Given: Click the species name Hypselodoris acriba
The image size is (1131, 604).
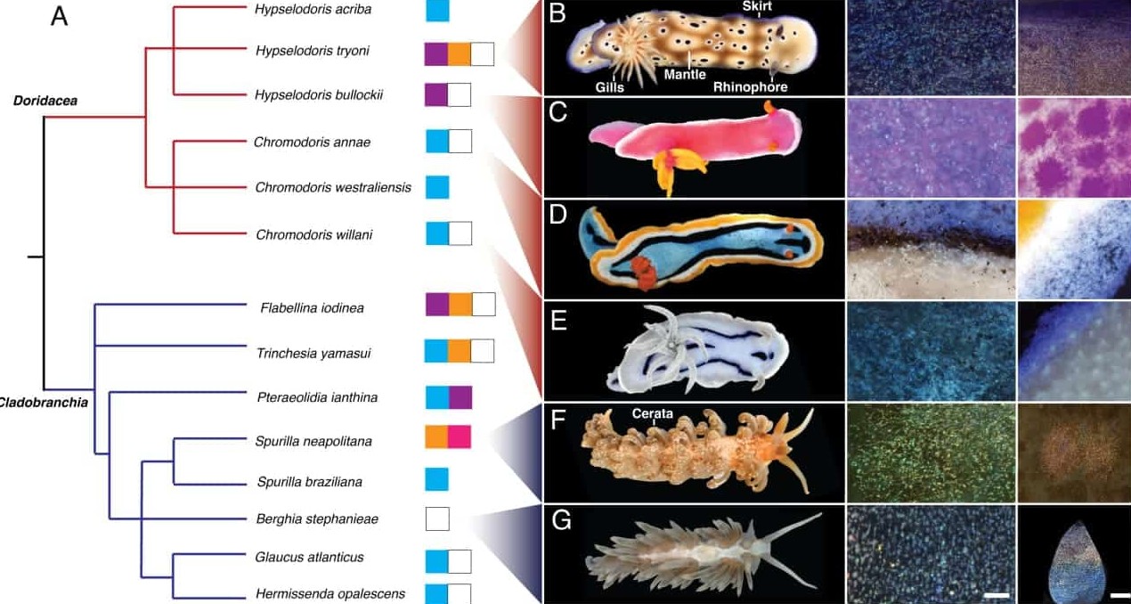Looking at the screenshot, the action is (x=313, y=10).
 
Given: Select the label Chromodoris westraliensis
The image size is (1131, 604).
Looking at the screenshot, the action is (x=333, y=187).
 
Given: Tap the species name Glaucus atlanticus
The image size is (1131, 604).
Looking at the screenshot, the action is (x=310, y=557).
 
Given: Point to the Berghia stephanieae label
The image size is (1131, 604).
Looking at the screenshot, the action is (x=317, y=518).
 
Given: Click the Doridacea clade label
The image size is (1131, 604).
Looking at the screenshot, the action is (x=45, y=101).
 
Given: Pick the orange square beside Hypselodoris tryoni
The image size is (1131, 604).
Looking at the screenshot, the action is (x=459, y=54).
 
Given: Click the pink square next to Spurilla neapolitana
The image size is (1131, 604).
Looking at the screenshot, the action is (x=460, y=437).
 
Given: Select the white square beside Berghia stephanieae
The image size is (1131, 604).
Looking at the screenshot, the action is (x=437, y=518).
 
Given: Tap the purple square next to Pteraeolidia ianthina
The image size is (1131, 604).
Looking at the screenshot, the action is (x=460, y=397).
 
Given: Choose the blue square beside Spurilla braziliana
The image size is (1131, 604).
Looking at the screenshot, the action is (x=436, y=479).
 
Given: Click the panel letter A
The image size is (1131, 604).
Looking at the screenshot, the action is (x=59, y=16).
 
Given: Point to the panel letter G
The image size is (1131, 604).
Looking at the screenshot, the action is (x=560, y=519).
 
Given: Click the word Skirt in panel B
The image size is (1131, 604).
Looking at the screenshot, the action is (x=757, y=6).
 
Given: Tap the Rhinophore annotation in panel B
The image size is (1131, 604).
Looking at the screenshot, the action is (x=751, y=87).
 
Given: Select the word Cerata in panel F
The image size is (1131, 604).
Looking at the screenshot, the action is (x=653, y=413).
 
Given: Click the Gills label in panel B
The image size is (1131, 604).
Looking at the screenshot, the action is (x=609, y=87).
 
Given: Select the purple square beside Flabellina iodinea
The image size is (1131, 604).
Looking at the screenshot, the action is (x=437, y=305).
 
